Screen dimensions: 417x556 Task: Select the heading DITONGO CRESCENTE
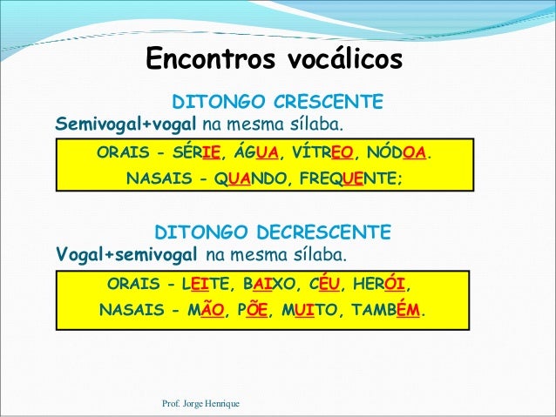pyautogui.click(x=278, y=102)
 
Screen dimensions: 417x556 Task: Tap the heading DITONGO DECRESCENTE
pyautogui.click(x=273, y=232)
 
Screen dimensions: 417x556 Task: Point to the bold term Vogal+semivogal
pyautogui.click(x=127, y=255)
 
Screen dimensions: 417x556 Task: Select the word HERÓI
pyautogui.click(x=383, y=285)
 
